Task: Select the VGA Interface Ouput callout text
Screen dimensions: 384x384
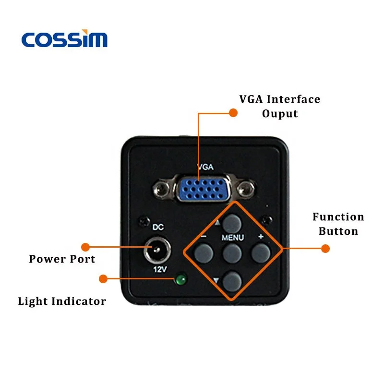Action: [279, 107]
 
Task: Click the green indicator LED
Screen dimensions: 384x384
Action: [181, 279]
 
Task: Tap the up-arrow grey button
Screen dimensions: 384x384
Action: [233, 222]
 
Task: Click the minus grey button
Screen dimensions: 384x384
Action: [203, 252]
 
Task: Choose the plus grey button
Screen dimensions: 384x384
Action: [260, 252]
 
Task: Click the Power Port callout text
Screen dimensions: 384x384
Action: [62, 259]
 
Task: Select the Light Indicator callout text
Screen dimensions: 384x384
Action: [62, 301]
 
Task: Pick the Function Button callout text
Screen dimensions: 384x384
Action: [338, 224]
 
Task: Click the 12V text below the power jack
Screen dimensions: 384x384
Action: [159, 270]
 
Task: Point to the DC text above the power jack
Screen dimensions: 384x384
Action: [158, 227]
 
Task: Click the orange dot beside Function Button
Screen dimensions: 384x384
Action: [325, 249]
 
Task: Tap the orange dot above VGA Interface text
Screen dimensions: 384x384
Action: [233, 113]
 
